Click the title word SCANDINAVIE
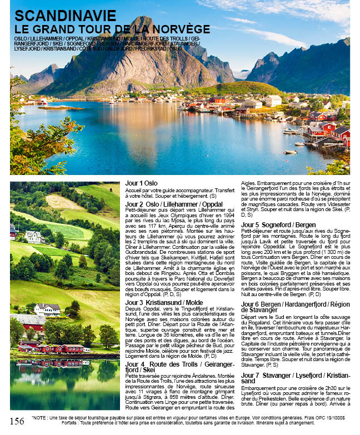65,16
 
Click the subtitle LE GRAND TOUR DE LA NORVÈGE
112,29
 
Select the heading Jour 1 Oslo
141,183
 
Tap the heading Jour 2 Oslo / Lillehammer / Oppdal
174,204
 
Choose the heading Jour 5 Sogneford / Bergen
278,224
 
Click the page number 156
17,421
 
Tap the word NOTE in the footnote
42,417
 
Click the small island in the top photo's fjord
53,107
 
